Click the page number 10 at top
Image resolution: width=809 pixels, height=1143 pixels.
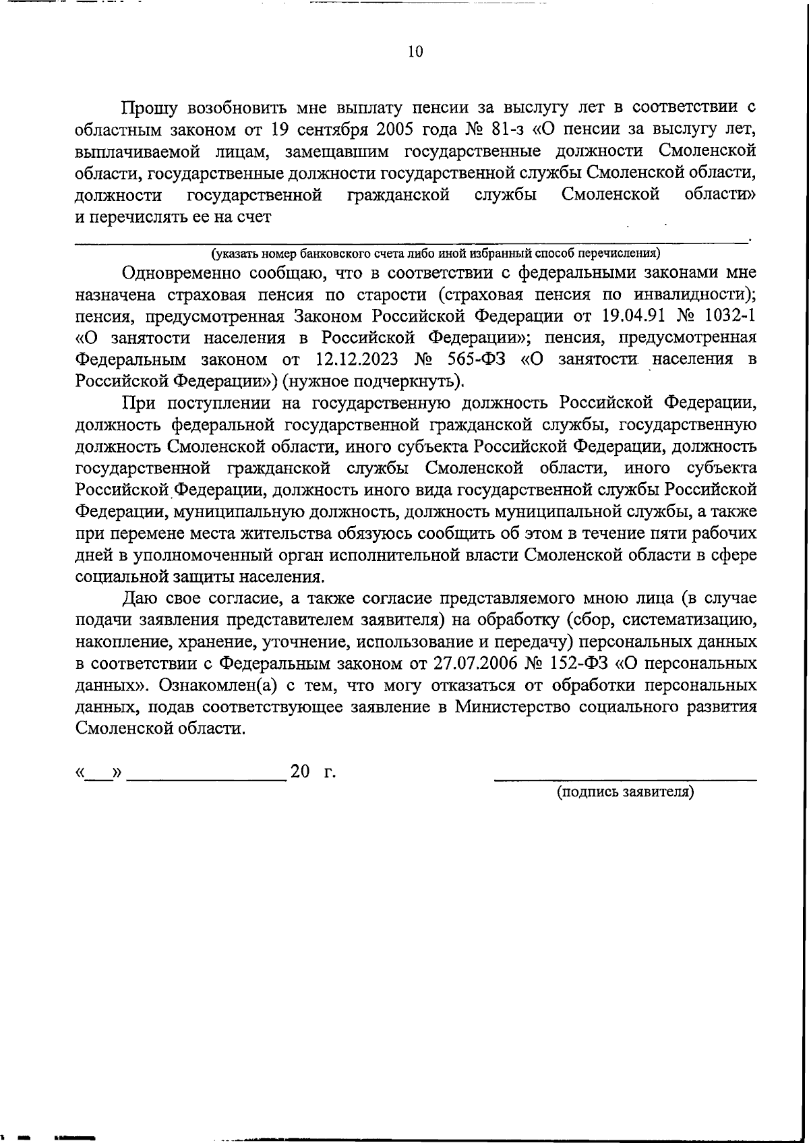(x=415, y=52)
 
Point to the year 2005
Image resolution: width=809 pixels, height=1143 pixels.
(x=386, y=129)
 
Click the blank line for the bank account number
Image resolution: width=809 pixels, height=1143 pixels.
(x=411, y=237)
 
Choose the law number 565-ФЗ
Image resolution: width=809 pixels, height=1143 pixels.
(x=476, y=359)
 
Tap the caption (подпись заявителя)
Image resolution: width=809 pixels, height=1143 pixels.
(x=624, y=792)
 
